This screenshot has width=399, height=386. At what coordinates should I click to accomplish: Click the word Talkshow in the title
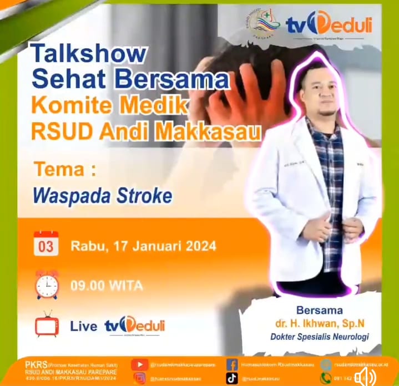click(89, 53)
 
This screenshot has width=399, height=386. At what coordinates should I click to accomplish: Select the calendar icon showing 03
click(46, 243)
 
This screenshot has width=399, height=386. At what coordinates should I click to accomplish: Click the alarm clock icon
click(47, 285)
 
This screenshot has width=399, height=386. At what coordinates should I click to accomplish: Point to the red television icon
click(47, 325)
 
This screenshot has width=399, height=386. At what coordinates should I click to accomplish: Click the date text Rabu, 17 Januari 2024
click(143, 245)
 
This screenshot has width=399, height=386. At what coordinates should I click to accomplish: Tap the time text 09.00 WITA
click(107, 286)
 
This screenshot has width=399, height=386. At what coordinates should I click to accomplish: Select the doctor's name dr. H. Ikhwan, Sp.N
click(319, 323)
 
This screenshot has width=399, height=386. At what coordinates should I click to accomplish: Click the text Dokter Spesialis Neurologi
click(319, 336)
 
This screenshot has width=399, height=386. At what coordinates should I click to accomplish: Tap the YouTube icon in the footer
click(140, 364)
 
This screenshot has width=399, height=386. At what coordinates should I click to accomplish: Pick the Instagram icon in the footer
click(140, 378)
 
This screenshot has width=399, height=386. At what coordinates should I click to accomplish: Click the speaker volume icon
click(365, 378)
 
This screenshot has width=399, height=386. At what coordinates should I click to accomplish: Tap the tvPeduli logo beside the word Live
click(134, 325)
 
